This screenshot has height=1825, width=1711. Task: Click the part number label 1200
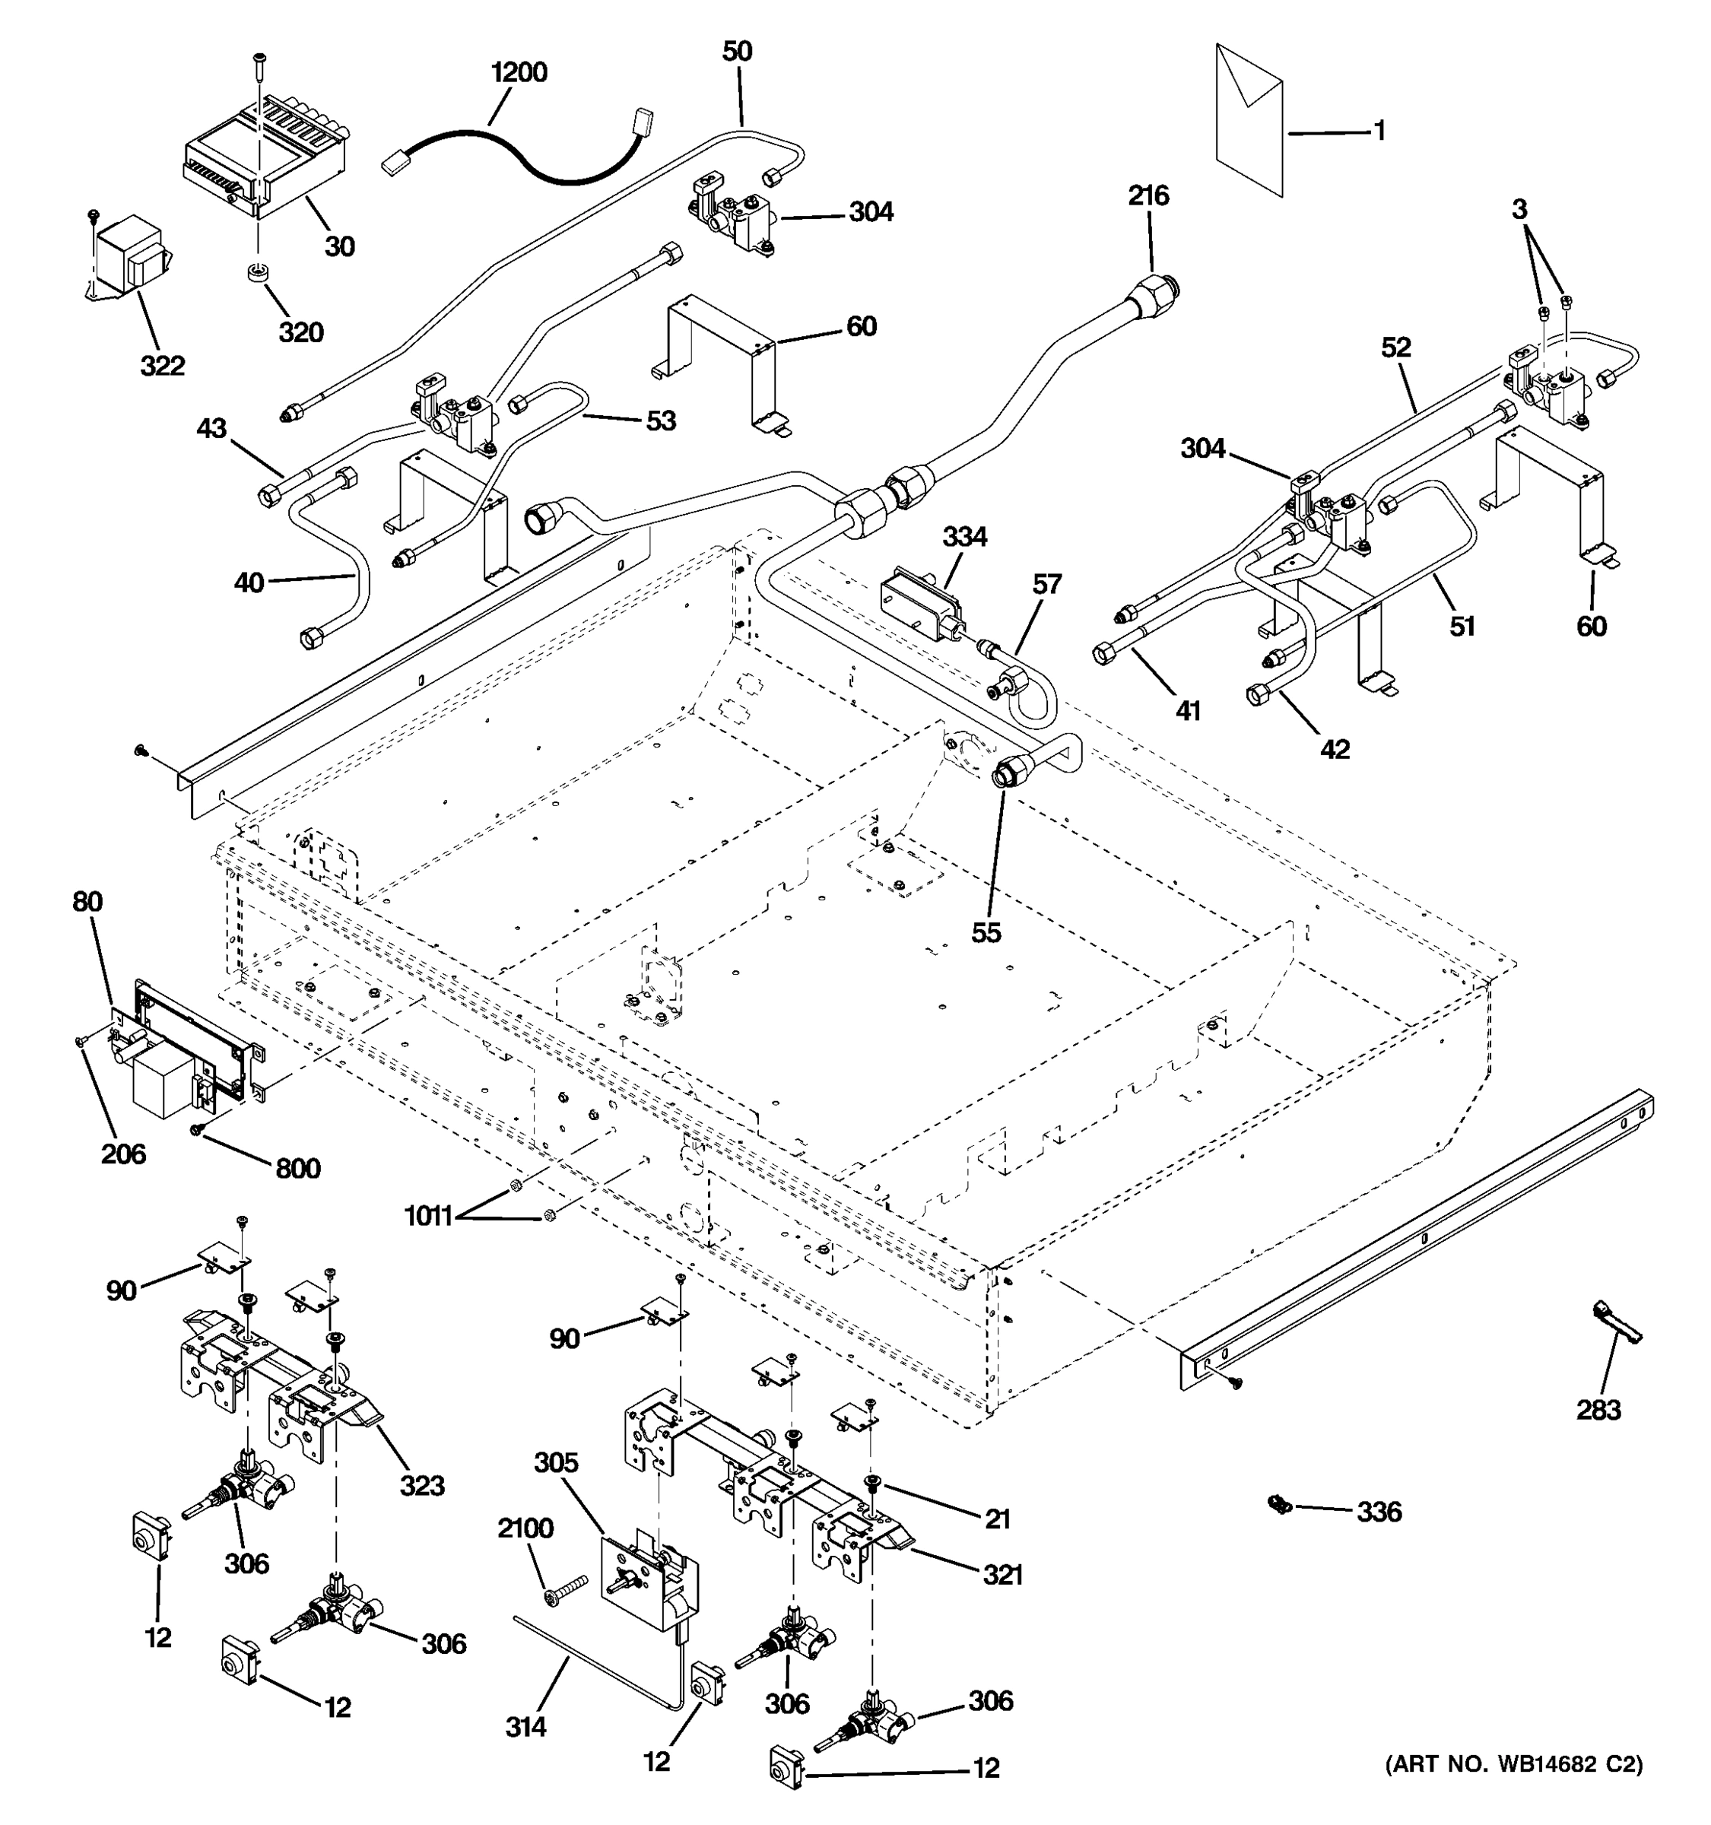[519, 72]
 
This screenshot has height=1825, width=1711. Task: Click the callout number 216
[1148, 195]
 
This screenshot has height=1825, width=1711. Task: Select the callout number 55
[986, 933]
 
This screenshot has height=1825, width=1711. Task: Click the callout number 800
[298, 1169]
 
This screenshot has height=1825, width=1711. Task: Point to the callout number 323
[422, 1485]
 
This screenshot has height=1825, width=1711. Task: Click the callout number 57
[1046, 585]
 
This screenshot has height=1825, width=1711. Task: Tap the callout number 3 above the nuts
[1520, 209]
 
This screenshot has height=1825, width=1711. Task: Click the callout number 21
[997, 1519]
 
